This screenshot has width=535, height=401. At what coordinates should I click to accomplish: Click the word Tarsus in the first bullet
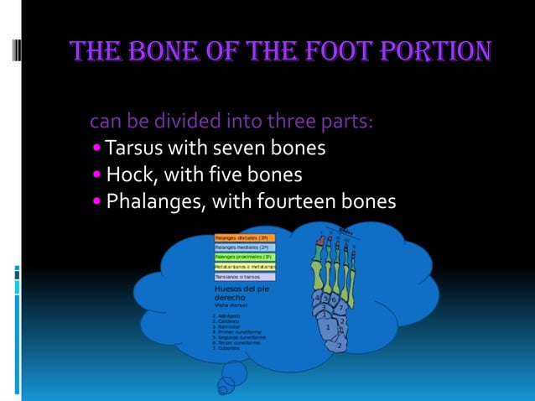click(x=134, y=148)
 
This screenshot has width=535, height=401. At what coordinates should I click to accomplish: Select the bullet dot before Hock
click(x=97, y=175)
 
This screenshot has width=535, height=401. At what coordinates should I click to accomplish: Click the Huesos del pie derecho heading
click(x=241, y=294)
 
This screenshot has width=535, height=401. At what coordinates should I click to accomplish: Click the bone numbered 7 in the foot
click(x=341, y=309)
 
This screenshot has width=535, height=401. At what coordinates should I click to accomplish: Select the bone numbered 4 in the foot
click(x=318, y=298)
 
